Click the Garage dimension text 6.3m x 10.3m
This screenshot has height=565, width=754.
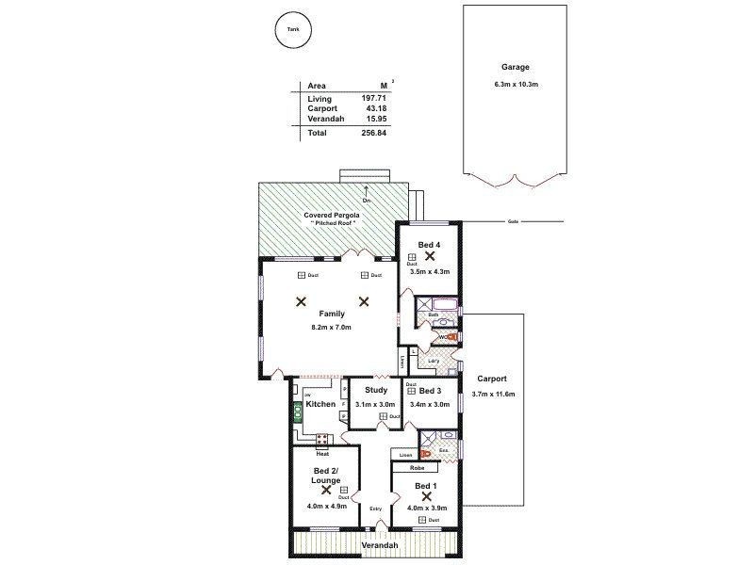coord(515,86)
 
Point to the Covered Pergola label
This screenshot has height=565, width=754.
coord(328,215)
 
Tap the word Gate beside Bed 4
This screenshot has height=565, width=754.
coord(513,222)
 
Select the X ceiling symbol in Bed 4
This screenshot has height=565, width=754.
coord(429,255)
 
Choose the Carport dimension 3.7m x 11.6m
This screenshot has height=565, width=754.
coord(493,394)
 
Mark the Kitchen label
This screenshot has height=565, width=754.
coord(320,404)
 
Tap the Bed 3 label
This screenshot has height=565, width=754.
coord(431,390)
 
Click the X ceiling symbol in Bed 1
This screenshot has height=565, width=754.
coord(426,495)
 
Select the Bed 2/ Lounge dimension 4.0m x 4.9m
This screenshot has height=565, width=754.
coord(326,507)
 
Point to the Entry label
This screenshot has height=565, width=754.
coord(376,509)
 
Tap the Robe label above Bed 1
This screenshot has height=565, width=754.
coord(417,467)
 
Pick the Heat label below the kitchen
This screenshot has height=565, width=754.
coord(322,453)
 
